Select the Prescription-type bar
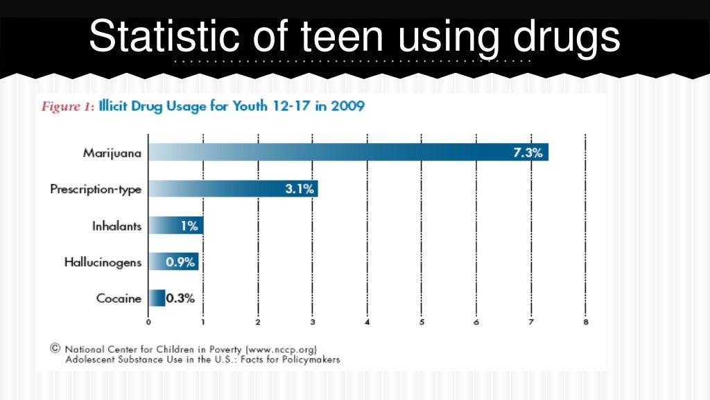(233, 189)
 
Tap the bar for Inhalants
(175, 226)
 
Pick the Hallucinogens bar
(173, 262)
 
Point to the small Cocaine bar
(157, 299)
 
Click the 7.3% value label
(527, 152)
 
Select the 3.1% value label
(300, 189)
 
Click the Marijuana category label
(112, 153)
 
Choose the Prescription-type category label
(96, 189)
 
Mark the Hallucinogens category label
(103, 262)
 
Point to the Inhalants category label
(116, 226)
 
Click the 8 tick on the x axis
(586, 322)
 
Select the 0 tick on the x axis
(148, 322)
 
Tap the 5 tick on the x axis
(422, 322)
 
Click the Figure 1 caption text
(67, 107)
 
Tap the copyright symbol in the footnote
(55, 349)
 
